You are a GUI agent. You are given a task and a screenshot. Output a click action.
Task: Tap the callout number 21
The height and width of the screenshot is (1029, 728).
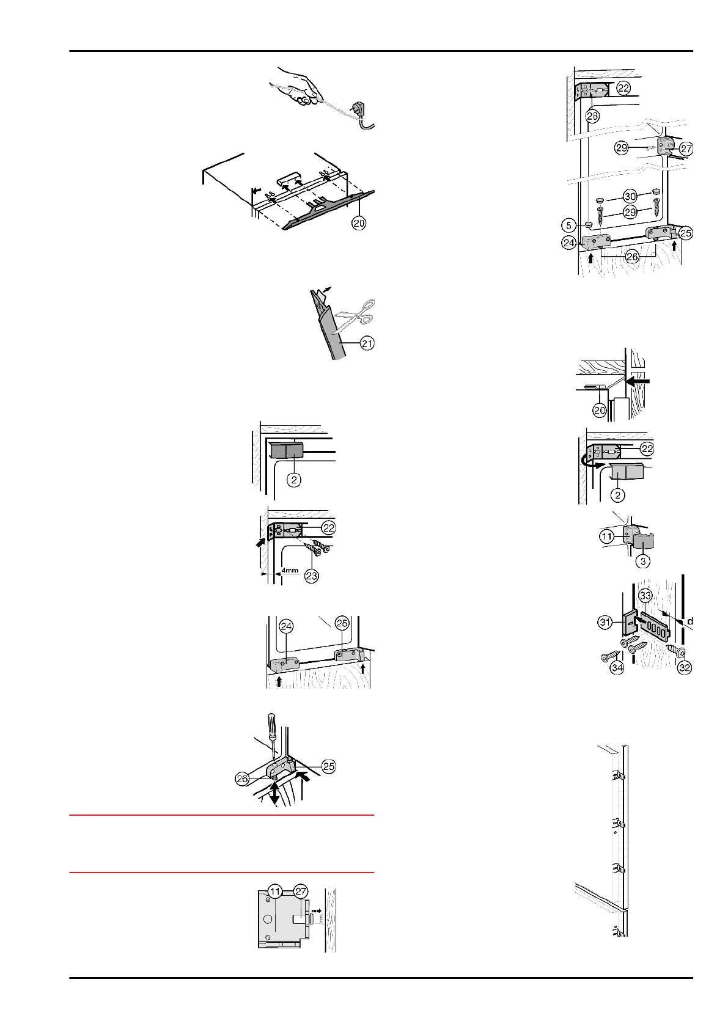[x=367, y=344]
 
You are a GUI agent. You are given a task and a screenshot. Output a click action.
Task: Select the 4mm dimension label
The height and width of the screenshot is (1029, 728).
[x=290, y=571]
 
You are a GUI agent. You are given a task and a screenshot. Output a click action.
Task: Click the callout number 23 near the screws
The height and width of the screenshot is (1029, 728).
[x=312, y=576]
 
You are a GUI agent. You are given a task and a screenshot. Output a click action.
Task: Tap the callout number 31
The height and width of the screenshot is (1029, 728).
[x=605, y=623]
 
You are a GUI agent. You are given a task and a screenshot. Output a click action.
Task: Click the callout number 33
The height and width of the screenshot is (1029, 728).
[x=645, y=595]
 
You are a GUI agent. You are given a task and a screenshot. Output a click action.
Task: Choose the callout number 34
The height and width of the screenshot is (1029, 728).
[x=617, y=668]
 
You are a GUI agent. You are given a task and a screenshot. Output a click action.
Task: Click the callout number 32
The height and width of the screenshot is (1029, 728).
[x=685, y=668]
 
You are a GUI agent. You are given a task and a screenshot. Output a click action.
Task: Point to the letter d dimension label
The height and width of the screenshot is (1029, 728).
[x=689, y=621]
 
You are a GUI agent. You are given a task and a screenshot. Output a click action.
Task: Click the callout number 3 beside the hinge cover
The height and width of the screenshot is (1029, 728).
[x=643, y=561]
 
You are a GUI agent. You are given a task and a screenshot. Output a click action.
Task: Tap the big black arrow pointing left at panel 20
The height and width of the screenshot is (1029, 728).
[x=639, y=381]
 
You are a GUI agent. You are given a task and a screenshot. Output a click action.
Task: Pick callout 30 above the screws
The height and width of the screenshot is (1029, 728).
[x=630, y=196]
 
